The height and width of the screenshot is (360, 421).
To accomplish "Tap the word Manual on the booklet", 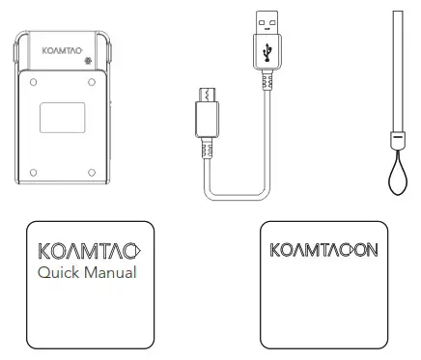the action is tap(110, 273).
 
